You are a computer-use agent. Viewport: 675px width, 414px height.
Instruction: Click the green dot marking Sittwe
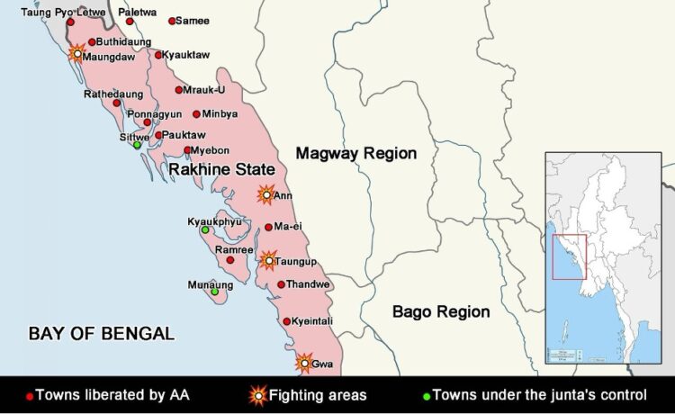(x=137, y=145)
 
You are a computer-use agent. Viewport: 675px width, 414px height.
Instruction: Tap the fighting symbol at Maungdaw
(x=77, y=53)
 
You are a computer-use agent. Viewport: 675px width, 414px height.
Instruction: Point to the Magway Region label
(x=356, y=153)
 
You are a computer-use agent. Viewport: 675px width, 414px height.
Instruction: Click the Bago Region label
(x=441, y=312)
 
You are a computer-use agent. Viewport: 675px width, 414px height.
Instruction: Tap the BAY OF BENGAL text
(x=102, y=334)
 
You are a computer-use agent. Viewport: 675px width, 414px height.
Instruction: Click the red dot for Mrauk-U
(x=179, y=89)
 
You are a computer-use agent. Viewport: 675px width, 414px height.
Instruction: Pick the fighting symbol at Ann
(x=265, y=193)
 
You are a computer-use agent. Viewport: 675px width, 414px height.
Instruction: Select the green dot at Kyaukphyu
(x=204, y=230)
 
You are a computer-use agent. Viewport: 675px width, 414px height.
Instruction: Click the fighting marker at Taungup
(x=267, y=260)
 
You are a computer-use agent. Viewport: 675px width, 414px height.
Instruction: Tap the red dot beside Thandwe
(x=281, y=284)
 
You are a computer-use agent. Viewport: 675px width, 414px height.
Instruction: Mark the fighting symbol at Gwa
(x=304, y=363)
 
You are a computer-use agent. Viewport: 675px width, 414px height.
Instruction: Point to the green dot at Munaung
(x=214, y=292)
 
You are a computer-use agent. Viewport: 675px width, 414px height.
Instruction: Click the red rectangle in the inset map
(x=568, y=256)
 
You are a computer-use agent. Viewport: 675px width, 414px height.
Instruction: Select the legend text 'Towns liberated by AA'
(x=112, y=394)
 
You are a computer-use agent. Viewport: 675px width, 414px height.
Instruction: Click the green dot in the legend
(x=427, y=395)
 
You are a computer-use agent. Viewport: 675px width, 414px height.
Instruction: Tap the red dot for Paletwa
(x=130, y=21)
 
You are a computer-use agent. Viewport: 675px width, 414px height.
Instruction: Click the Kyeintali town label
(x=314, y=321)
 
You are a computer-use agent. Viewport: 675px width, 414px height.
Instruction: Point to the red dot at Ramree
(x=229, y=260)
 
